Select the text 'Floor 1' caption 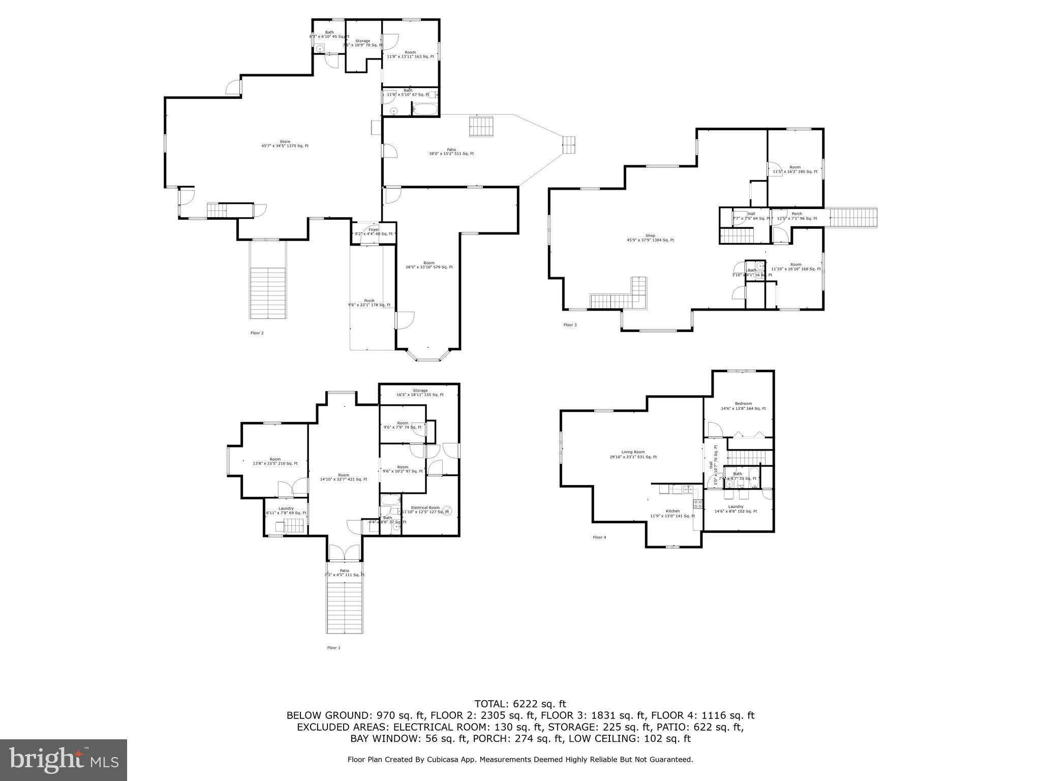click(x=333, y=648)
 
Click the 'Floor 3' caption click(x=570, y=325)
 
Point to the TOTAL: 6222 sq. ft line click(x=520, y=704)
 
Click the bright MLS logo click(x=64, y=760)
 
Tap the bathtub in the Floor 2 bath click(x=424, y=109)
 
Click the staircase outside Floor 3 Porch click(x=853, y=218)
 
